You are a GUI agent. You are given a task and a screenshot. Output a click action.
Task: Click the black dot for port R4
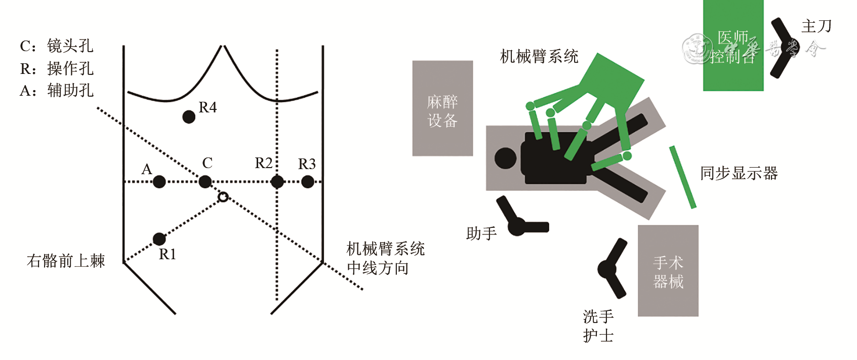pos(189,117)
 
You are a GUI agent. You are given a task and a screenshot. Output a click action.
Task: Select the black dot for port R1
pos(159,238)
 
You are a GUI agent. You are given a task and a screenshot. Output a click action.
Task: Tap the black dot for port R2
pos(277,182)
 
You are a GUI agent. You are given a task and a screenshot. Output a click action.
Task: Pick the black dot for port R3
pos(307,182)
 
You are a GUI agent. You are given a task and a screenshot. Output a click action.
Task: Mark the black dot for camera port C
pos(205,182)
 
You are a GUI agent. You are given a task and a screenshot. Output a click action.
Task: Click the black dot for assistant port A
pos(159,182)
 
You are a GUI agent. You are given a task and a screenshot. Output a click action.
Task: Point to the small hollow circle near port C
pos(223,197)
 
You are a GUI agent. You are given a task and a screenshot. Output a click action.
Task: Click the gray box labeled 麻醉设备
pos(442,108)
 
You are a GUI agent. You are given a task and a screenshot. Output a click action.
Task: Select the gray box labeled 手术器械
pos(668,271)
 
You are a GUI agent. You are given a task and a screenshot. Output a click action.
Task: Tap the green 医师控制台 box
pos(733,46)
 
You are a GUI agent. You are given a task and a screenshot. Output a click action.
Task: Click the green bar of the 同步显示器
pos(682,177)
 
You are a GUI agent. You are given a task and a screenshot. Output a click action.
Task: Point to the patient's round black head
pos(505,158)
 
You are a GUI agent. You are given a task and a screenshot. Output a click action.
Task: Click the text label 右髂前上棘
pos(66,261)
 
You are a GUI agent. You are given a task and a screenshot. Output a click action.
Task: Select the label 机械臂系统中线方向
pos(385,258)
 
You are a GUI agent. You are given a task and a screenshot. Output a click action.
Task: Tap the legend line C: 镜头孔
pos(57,46)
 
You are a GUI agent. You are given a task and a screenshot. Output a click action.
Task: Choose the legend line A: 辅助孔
pos(57,91)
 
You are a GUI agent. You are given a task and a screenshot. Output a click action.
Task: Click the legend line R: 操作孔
pos(57,68)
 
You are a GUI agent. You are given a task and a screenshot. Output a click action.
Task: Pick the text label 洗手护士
pos(598,326)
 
